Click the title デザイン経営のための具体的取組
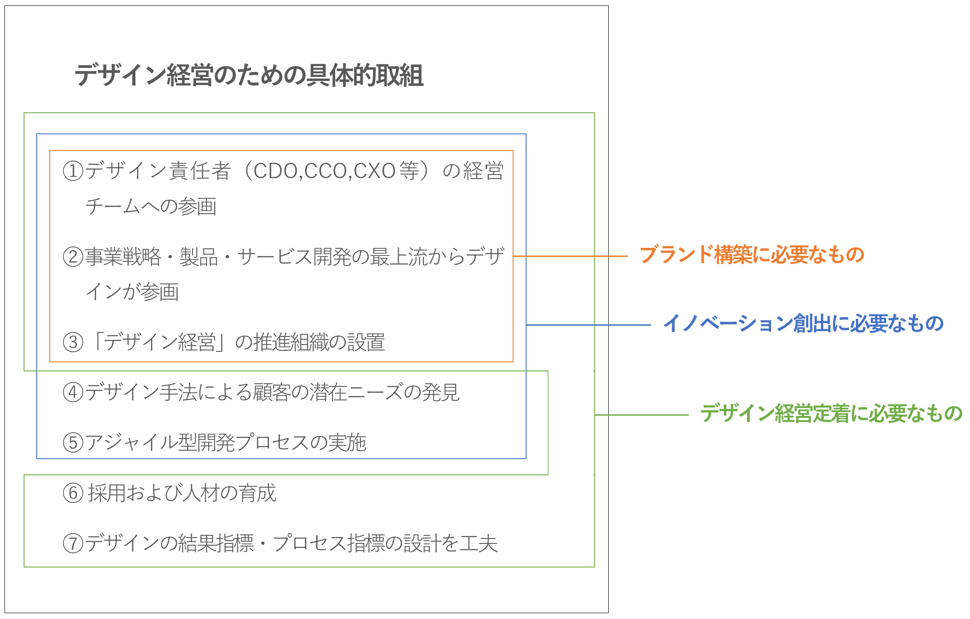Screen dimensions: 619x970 pyautogui.click(x=249, y=75)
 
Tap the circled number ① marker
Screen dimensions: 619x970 pyautogui.click(x=73, y=171)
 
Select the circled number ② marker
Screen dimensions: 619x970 pyautogui.click(x=73, y=257)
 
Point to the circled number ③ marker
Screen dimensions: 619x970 pyautogui.click(x=73, y=342)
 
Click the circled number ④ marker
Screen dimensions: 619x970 pyautogui.click(x=73, y=392)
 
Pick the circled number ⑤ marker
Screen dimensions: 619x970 pyautogui.click(x=73, y=443)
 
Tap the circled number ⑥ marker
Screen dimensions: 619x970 pyautogui.click(x=73, y=493)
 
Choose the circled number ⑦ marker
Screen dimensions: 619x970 pyautogui.click(x=73, y=543)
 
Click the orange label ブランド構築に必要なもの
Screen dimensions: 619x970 pyautogui.click(x=752, y=255)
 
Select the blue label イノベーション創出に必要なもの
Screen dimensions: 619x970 pyautogui.click(x=804, y=324)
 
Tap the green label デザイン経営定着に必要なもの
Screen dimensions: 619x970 pyautogui.click(x=831, y=413)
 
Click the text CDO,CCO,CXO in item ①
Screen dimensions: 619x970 pyautogui.click(x=324, y=171)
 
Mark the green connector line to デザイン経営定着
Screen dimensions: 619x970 pyautogui.click(x=642, y=415)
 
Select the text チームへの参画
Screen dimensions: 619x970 pyautogui.click(x=151, y=206)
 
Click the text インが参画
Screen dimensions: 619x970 pyautogui.click(x=132, y=292)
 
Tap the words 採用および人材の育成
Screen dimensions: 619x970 pyautogui.click(x=182, y=493)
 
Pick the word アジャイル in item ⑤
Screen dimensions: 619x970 pyautogui.click(x=131, y=443)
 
